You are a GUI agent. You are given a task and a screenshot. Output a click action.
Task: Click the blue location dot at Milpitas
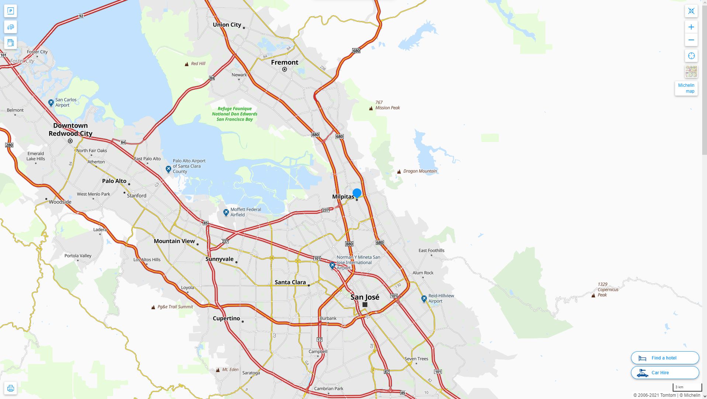coord(357,193)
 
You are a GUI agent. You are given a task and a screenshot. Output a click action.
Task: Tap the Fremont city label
coord(284,62)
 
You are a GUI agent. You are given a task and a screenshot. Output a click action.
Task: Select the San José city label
coord(365,297)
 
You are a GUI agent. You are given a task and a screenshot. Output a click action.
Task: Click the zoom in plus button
coord(691,27)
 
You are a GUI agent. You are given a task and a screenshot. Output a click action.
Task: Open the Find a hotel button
coord(665,358)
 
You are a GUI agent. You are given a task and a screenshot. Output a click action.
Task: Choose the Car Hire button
coord(665,373)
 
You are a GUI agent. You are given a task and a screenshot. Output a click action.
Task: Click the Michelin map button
coord(686,88)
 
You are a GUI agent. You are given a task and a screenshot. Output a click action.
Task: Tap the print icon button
coord(10,388)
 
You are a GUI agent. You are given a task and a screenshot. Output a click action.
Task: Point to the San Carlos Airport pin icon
coord(51,103)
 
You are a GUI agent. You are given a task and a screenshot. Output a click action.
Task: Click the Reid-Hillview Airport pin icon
coord(424,298)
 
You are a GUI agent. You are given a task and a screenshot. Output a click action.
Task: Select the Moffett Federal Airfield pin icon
coord(226,212)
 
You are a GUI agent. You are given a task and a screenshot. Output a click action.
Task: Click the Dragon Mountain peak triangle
coord(399,171)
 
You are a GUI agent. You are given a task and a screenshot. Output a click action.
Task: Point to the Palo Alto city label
coord(114,181)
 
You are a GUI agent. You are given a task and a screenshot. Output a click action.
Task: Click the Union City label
coord(227,25)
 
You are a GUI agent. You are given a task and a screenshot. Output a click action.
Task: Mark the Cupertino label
coord(226,318)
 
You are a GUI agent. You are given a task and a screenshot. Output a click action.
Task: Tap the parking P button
coord(10,11)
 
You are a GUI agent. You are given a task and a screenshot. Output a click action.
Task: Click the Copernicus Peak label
coord(608,290)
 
